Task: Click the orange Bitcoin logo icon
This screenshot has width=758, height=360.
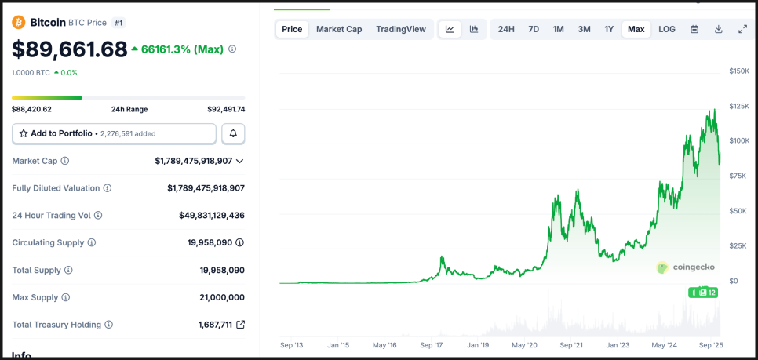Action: (x=19, y=23)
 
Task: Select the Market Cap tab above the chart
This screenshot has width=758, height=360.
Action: (x=339, y=29)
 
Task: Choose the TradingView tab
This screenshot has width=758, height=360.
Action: (x=401, y=29)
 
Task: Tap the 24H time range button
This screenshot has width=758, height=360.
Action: (x=506, y=29)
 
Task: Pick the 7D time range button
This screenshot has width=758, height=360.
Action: (x=534, y=29)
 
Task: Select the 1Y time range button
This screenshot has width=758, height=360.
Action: (x=609, y=29)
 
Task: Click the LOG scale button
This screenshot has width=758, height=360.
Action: (x=667, y=29)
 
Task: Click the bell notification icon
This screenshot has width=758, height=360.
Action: (x=233, y=134)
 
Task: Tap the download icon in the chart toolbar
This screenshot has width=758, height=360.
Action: (x=719, y=29)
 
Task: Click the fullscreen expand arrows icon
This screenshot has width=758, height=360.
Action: (x=743, y=29)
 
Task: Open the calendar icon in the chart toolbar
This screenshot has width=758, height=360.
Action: (x=694, y=29)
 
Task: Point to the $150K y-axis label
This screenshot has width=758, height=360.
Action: (x=739, y=71)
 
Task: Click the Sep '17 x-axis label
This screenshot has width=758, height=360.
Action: (x=432, y=345)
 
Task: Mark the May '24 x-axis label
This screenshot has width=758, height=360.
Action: (x=665, y=345)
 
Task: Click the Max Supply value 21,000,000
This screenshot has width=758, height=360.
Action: (x=222, y=297)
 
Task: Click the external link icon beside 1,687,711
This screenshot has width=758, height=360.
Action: (x=240, y=325)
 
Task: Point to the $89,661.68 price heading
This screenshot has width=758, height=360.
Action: (x=70, y=49)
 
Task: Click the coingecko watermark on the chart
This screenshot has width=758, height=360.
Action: (x=686, y=267)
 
